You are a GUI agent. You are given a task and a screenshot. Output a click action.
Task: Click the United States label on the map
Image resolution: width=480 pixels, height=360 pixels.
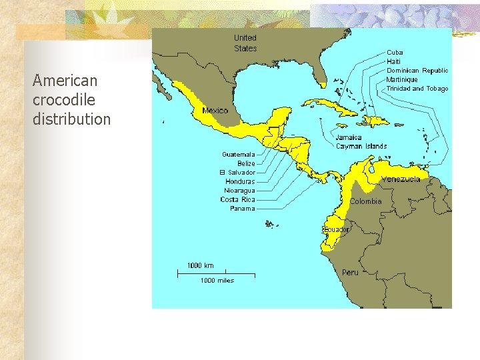pos(245,43)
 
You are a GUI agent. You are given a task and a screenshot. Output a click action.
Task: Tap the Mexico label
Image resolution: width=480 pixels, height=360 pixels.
pos(215,111)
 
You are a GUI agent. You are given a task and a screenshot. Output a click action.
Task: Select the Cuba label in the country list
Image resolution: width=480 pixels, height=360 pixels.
pos(395,53)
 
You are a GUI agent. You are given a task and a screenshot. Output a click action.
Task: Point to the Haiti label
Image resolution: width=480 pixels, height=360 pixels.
pos(394,61)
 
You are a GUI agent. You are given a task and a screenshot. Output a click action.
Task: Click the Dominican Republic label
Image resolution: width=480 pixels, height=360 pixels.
pos(417,71)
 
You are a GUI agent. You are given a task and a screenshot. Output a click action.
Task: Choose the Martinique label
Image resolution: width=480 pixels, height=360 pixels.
pos(402,79)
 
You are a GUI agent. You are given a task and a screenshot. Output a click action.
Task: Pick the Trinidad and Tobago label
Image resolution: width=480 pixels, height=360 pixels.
pos(417,89)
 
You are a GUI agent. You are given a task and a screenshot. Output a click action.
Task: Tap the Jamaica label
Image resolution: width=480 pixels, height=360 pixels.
pos(349,137)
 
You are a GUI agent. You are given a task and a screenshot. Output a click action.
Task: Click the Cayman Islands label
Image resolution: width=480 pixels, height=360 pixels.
pos(361,146)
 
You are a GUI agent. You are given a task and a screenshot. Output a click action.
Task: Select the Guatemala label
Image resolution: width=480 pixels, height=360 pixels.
pos(239,155)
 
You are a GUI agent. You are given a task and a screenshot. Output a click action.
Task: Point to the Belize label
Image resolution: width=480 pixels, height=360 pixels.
pos(246,163)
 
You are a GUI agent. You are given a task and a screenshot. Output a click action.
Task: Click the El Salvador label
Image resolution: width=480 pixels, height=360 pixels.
pos(238,173)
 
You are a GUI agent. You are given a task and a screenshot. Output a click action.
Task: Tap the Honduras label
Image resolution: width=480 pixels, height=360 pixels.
pos(240,181)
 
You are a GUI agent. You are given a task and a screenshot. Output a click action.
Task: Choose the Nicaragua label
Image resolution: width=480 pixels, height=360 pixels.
pos(239,191)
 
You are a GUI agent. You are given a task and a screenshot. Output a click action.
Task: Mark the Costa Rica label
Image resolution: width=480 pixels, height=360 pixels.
pos(238,199)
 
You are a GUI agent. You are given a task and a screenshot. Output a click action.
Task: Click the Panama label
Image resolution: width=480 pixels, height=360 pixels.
pos(243,209)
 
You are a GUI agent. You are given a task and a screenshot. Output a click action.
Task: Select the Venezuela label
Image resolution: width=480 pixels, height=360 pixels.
pos(401,179)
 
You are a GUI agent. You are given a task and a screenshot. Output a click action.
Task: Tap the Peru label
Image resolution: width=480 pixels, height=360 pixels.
pos(350,272)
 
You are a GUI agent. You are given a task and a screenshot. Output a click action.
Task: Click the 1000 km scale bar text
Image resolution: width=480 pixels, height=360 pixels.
pos(200,265)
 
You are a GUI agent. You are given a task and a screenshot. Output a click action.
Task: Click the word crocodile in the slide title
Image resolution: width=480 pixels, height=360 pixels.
pos(64,100)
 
